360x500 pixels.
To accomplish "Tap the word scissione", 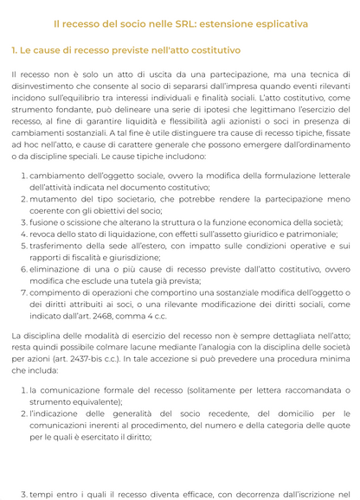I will coord(83,222).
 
